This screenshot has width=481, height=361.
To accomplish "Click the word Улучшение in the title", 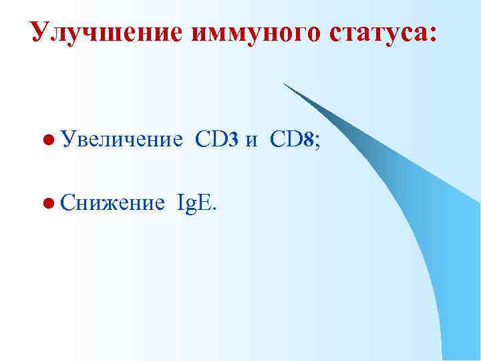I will click(x=106, y=32).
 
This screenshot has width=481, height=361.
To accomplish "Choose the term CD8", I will click(x=291, y=140).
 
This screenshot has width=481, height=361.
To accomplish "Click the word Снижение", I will click(x=112, y=202).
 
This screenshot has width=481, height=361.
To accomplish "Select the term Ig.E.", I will click(x=196, y=203).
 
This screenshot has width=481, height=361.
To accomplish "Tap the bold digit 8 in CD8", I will click(x=308, y=140).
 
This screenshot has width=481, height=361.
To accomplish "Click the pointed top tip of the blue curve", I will click(x=283, y=84).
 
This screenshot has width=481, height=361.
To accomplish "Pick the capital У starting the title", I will click(x=40, y=32).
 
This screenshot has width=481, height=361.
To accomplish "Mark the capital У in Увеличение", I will click(x=67, y=140).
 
